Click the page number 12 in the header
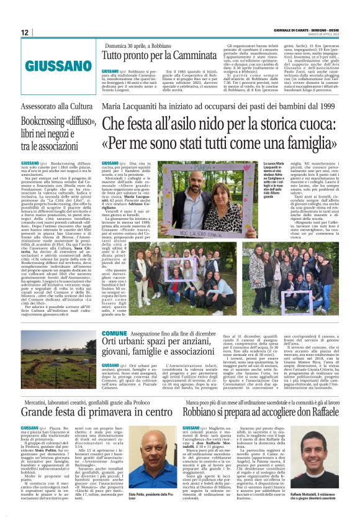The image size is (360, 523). click(x=25, y=32)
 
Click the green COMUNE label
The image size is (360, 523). click(x=113, y=334)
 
